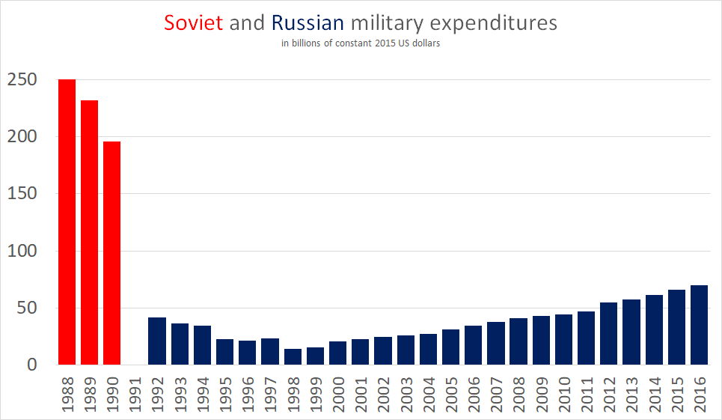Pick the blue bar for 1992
pyautogui.click(x=157, y=341)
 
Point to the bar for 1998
pyautogui.click(x=293, y=357)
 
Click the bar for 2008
pyautogui.click(x=518, y=341)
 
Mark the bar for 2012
pyautogui.click(x=608, y=334)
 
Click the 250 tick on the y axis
pyautogui.click(x=22, y=79)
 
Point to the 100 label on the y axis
pyautogui.click(x=22, y=251)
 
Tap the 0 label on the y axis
pyautogui.click(x=31, y=365)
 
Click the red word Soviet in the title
pyautogui.click(x=194, y=23)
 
